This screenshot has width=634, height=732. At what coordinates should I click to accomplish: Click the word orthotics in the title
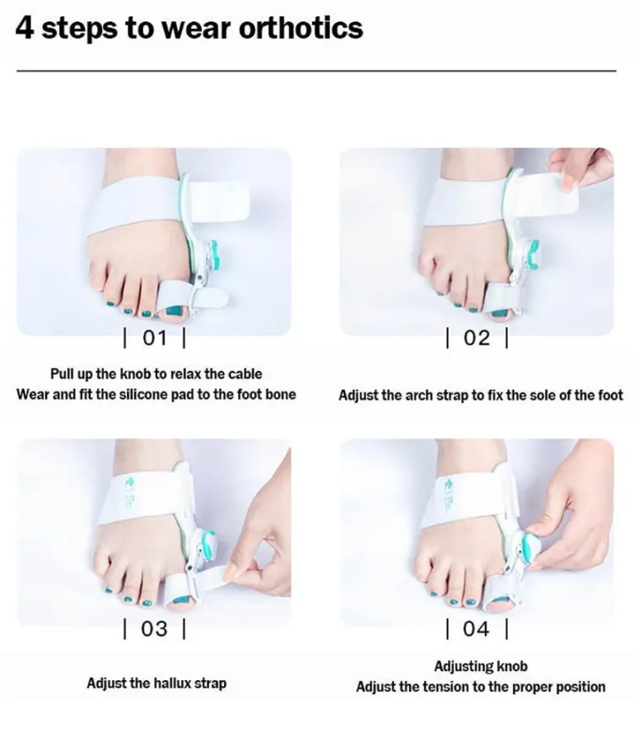(x=301, y=29)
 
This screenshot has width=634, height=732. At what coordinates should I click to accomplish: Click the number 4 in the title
(x=25, y=29)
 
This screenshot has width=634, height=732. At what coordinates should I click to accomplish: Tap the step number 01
(x=154, y=337)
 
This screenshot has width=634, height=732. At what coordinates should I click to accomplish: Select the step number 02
(x=477, y=337)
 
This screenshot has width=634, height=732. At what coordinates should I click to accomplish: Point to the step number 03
(x=154, y=628)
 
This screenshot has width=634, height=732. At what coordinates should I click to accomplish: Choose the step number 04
(x=477, y=628)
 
